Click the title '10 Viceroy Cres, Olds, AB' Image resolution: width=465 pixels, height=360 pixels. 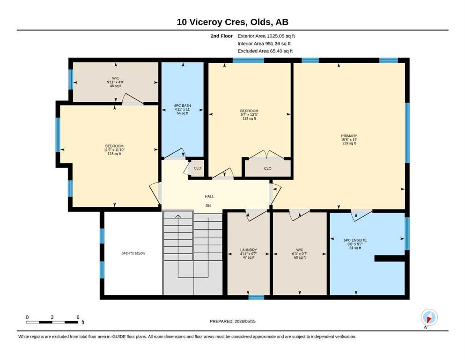(x=232, y=22)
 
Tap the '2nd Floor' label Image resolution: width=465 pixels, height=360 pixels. (x=221, y=36)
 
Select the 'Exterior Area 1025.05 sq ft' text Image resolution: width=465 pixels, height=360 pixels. (x=266, y=36)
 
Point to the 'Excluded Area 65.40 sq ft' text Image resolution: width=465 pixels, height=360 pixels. (x=265, y=51)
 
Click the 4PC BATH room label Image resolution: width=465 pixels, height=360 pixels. (x=182, y=105)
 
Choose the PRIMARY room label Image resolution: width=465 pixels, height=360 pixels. (x=349, y=136)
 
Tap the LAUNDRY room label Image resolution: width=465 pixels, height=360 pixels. (x=249, y=250)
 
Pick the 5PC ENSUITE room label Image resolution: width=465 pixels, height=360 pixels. (x=355, y=240)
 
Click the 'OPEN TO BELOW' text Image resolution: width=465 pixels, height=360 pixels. (x=133, y=254)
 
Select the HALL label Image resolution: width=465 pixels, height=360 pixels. (x=209, y=196)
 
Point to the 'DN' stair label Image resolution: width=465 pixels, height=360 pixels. (x=208, y=206)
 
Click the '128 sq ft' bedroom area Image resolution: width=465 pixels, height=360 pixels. (x=114, y=154)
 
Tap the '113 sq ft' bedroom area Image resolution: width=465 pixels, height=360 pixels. (x=249, y=119)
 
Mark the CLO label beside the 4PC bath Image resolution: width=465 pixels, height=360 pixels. (x=198, y=168)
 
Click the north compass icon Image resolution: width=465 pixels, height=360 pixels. (x=429, y=317)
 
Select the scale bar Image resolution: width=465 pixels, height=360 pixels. (x=52, y=322)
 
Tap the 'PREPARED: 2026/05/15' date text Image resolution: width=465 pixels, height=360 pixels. (x=232, y=321)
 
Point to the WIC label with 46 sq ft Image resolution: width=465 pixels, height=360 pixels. (x=116, y=78)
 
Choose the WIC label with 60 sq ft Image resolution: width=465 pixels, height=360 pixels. (x=300, y=250)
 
